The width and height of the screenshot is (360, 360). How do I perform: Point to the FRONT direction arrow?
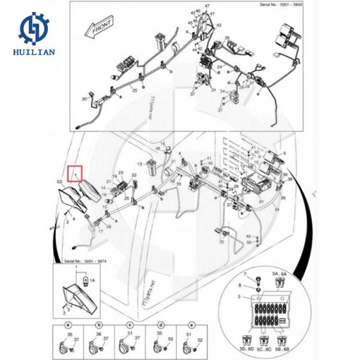coord(99,29)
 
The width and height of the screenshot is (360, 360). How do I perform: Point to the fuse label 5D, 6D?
coord(246,347)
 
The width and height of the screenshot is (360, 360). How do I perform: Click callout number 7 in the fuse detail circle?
coord(245,274)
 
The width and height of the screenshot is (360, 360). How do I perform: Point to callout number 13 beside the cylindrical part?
coord(139,163)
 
